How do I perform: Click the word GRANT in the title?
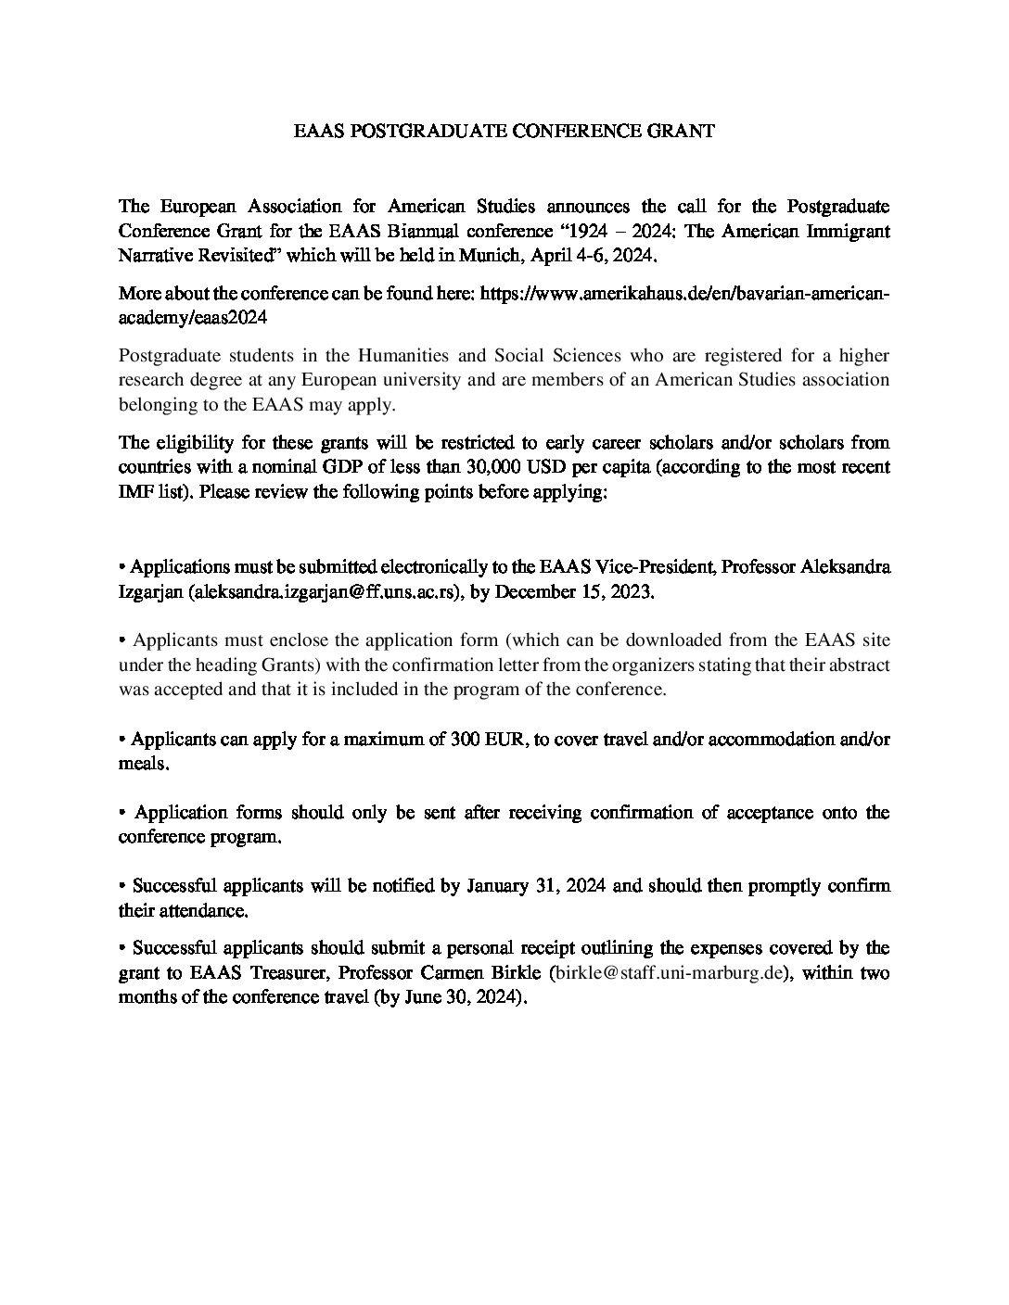point(686,132)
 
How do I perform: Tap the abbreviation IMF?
point(134,491)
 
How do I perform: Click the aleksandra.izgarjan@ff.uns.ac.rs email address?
point(325,591)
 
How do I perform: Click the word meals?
point(143,764)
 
